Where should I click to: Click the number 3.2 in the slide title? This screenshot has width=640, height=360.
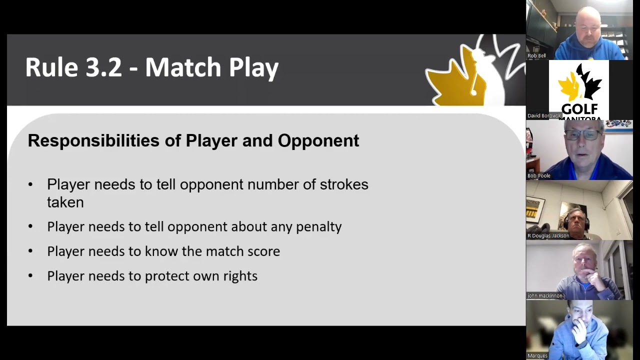(x=103, y=67)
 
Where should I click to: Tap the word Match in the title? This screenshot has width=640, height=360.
(x=183, y=67)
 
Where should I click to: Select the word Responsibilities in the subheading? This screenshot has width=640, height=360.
(x=93, y=140)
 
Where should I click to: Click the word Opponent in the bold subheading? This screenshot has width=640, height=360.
(x=318, y=141)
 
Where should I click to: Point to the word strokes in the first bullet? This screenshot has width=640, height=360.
(x=344, y=184)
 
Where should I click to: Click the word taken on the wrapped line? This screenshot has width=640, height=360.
(x=65, y=202)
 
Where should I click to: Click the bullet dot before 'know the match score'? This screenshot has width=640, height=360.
(x=30, y=251)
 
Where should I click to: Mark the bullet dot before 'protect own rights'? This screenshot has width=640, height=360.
(x=30, y=275)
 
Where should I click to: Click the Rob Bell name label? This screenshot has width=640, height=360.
(x=536, y=55)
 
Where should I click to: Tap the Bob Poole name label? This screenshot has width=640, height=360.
(x=539, y=175)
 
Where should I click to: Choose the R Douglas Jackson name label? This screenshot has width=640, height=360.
(x=548, y=235)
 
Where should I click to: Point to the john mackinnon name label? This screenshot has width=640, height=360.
(x=545, y=295)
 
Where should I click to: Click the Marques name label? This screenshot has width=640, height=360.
(x=537, y=355)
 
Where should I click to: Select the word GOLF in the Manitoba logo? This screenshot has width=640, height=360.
(x=579, y=109)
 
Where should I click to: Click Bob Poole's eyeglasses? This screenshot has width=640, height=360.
(x=583, y=135)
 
